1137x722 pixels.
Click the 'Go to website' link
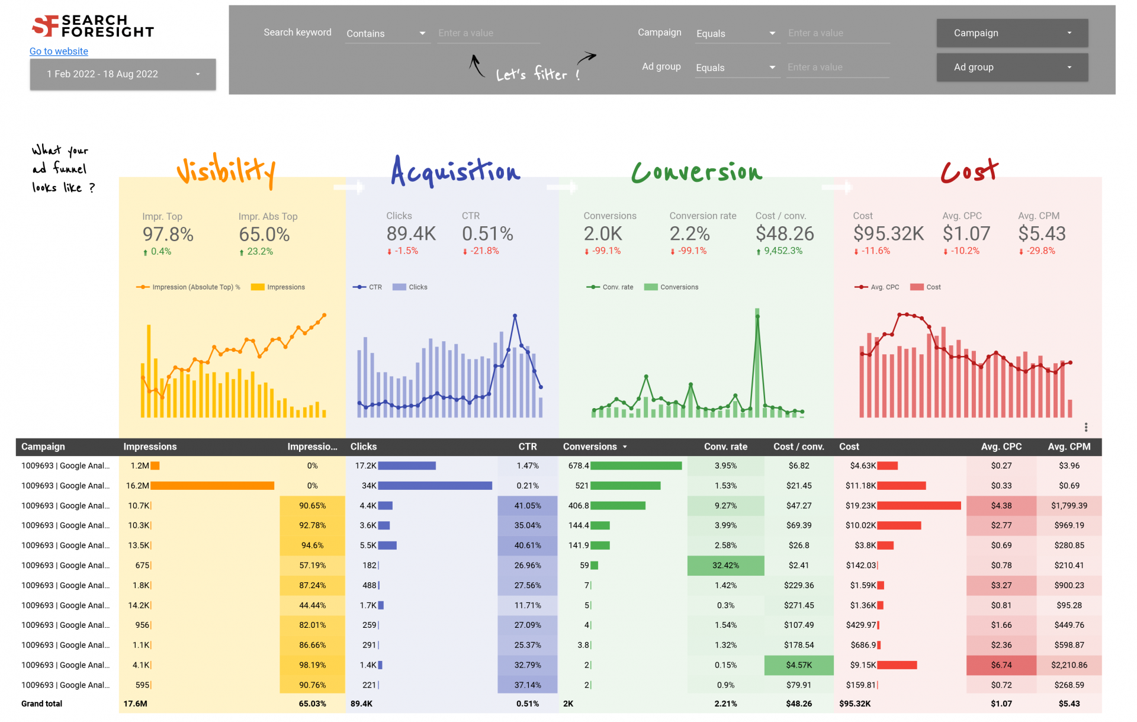(59, 52)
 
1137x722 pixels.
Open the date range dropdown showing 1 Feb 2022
(123, 74)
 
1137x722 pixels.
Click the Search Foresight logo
(93, 26)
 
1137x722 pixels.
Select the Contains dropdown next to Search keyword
(386, 34)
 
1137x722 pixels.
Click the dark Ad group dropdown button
(1011, 68)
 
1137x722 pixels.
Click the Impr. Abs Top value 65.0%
(264, 235)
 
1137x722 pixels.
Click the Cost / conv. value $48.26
(785, 234)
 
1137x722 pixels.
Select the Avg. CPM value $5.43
(1042, 234)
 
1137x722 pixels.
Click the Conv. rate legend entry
(611, 287)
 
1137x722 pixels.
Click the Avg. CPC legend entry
(878, 287)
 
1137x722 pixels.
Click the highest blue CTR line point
(515, 316)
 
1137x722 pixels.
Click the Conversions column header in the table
(590, 447)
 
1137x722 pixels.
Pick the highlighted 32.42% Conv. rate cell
(725, 566)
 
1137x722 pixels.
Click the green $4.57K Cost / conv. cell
(798, 665)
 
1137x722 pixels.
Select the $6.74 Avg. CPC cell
(1001, 665)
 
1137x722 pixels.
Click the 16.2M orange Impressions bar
(212, 486)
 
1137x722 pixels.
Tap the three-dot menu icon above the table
(1085, 427)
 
